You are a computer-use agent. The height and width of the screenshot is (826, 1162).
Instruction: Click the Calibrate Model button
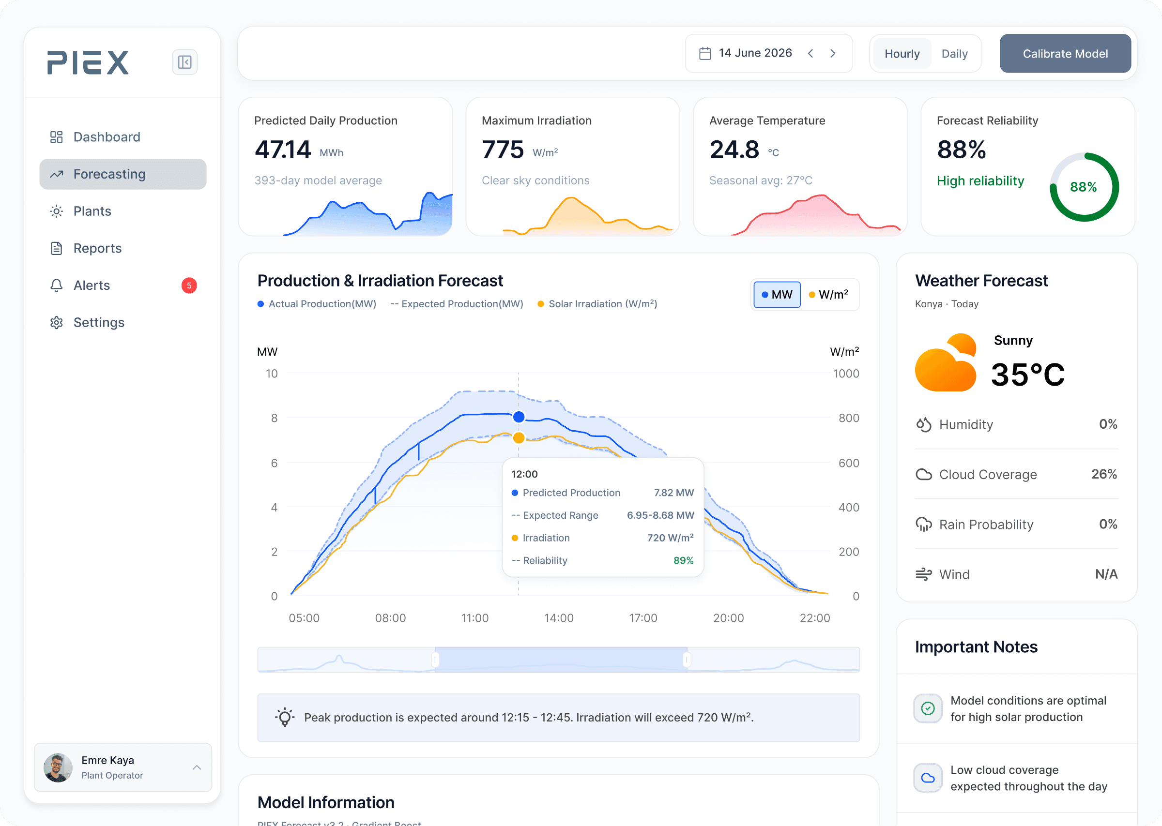(1065, 53)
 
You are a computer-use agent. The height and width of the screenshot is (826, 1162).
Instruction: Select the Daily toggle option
(954, 53)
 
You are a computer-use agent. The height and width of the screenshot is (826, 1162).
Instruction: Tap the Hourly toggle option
(902, 53)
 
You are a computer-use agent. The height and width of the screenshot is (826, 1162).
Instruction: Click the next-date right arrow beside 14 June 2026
(833, 53)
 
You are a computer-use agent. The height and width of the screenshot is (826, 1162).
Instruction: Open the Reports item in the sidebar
(97, 248)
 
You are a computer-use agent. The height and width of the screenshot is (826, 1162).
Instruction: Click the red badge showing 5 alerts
(189, 285)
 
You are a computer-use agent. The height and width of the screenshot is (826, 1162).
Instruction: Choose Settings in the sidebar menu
(99, 322)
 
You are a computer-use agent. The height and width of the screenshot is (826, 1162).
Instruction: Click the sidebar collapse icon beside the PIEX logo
(184, 62)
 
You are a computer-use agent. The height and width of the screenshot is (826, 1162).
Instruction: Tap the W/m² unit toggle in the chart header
(829, 295)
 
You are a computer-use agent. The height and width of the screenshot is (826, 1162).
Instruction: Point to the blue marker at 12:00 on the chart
(519, 417)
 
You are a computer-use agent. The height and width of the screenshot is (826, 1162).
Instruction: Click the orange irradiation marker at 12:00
(519, 438)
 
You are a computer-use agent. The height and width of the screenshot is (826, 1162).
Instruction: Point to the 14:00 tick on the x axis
(559, 618)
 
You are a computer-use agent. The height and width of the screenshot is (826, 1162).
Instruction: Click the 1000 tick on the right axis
(845, 374)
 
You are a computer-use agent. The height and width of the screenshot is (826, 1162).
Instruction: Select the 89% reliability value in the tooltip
(683, 560)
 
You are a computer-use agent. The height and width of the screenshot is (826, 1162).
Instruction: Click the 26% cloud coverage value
(1104, 474)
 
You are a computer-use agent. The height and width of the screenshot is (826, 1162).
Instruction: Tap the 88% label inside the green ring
(1083, 187)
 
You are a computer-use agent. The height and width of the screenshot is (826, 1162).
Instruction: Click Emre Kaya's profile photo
(58, 767)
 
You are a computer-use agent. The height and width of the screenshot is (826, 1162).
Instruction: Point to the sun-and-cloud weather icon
(946, 362)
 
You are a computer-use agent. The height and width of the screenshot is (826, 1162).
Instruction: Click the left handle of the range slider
(435, 660)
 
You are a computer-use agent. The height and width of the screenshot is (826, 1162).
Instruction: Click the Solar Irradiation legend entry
(597, 304)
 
